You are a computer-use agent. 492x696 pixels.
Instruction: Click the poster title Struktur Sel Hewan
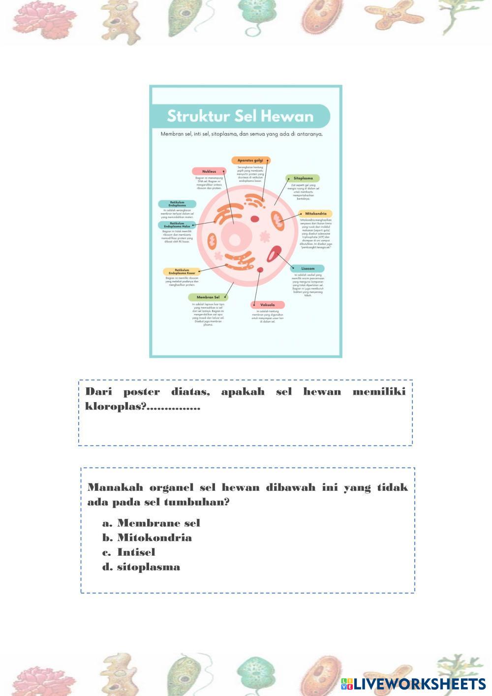(x=240, y=116)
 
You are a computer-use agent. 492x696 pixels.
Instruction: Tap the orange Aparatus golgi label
(x=251, y=160)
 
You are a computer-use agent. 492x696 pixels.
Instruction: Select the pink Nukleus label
(x=209, y=171)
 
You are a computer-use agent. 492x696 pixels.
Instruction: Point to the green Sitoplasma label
(x=303, y=178)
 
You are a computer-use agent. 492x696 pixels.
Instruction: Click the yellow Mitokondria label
(x=315, y=214)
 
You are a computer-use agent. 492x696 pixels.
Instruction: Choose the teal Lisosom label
(x=307, y=269)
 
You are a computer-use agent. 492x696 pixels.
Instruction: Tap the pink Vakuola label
(x=268, y=305)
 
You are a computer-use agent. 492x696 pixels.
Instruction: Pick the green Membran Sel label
(x=208, y=297)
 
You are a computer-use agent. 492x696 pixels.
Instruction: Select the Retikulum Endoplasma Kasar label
(x=182, y=272)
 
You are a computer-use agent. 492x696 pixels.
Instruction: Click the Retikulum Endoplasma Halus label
(x=177, y=225)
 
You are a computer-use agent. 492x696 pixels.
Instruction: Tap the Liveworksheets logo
(x=413, y=684)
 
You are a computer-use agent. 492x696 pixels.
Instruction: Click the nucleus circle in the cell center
(x=235, y=240)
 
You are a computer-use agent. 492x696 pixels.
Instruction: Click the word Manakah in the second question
(x=115, y=487)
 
